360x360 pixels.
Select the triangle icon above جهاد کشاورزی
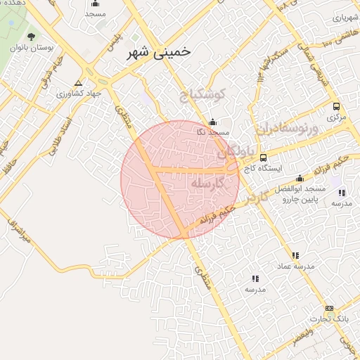pos(87,82)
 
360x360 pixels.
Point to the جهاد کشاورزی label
pos(83,92)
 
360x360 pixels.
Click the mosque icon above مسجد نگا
pos(212,122)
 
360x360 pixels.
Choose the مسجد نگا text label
pos(212,133)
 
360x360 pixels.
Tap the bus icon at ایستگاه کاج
pos(263,157)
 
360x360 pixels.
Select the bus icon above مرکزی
pos(337,107)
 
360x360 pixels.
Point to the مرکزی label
pos(337,117)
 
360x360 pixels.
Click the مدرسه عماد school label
pos(295,266)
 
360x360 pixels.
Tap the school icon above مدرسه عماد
pos(295,255)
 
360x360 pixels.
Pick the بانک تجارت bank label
pos(330,319)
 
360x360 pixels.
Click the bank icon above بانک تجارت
pos(330,309)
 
